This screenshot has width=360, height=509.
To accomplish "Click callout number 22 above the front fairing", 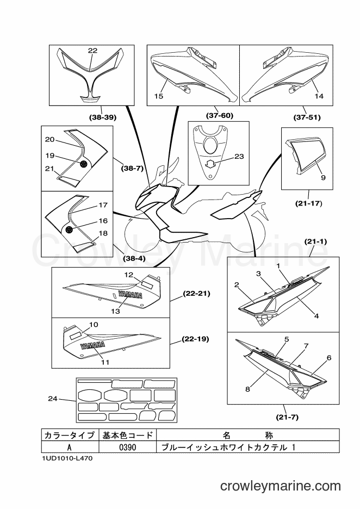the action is pyautogui.click(x=92, y=51).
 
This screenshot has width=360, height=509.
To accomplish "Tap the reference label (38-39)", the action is pyautogui.click(x=103, y=117).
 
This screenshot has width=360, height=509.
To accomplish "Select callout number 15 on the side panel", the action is pyautogui.click(x=159, y=96).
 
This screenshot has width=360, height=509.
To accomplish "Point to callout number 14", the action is pyautogui.click(x=319, y=96).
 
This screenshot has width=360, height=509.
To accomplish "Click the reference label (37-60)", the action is pyautogui.click(x=220, y=115).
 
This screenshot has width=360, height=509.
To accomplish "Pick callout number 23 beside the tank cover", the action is pyautogui.click(x=239, y=157).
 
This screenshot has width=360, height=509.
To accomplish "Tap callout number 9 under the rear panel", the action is pyautogui.click(x=324, y=178).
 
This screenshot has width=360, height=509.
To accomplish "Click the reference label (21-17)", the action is pyautogui.click(x=308, y=203).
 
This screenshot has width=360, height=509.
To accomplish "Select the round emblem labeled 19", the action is pyautogui.click(x=84, y=164).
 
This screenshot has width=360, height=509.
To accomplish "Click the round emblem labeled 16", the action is pyautogui.click(x=69, y=230).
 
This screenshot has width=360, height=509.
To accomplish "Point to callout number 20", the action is pyautogui.click(x=49, y=139).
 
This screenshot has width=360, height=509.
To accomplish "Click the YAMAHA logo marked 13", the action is pyautogui.click(x=130, y=295).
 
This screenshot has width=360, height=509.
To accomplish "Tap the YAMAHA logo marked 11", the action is pyautogui.click(x=92, y=345).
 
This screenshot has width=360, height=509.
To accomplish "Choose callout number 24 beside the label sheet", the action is pyautogui.click(x=53, y=398).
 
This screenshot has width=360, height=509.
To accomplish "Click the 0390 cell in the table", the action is pyautogui.click(x=128, y=448).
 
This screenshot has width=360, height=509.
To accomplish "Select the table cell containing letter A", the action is pyautogui.click(x=70, y=448).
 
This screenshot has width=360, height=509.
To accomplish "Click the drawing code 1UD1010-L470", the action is pyautogui.click(x=67, y=458).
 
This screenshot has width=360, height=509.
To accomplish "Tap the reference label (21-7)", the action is pyautogui.click(x=287, y=418).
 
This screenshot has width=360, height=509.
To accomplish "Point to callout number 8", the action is pyautogui.click(x=247, y=389).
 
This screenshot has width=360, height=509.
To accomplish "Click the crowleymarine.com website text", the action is pyautogui.click(x=281, y=486).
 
